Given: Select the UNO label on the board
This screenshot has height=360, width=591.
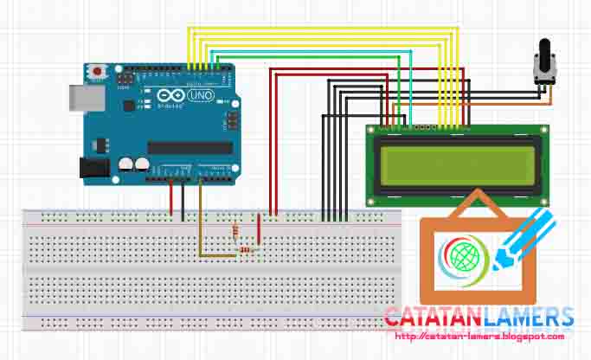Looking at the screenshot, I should point(202,95).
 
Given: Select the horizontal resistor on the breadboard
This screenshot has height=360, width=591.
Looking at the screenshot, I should point(247,250).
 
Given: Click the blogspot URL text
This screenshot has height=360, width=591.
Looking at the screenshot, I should point(479,337).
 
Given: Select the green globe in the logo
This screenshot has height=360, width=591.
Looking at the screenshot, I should point(459,256).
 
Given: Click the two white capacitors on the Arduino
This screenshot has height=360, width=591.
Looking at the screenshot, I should point(133,163).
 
